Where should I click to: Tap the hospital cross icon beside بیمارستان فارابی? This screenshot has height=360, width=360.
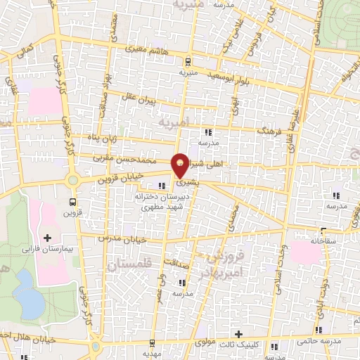coord(48,239)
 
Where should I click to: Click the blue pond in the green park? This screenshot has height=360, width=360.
coord(29,294)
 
